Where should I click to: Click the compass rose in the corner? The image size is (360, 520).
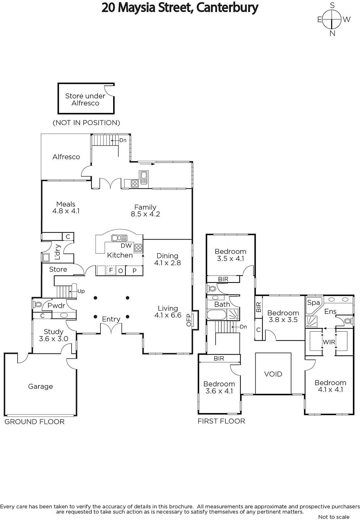click(x=332, y=19)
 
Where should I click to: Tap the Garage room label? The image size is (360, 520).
click(x=40, y=386)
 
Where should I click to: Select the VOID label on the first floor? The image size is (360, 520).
click(x=273, y=374)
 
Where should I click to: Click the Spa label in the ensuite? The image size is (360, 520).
click(x=313, y=303)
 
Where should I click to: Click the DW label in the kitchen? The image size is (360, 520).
click(x=126, y=246)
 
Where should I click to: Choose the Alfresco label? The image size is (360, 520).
click(x=66, y=157)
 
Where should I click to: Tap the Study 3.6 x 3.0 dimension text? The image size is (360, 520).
click(x=54, y=339)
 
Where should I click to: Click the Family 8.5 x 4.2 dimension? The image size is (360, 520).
click(x=145, y=214)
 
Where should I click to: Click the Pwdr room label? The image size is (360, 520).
click(x=56, y=306)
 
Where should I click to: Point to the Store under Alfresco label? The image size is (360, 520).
click(x=85, y=99)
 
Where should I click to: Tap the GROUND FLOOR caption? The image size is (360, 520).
click(x=34, y=422)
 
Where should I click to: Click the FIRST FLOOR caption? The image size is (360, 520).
click(x=221, y=421)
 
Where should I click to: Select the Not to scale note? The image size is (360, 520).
click(x=334, y=517)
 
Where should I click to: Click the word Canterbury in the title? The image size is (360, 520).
click(x=227, y=7)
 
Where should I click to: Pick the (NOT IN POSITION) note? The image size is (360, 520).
click(x=86, y=123)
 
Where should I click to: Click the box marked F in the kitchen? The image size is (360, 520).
click(x=111, y=270)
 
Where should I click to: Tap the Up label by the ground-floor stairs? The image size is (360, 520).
click(x=81, y=291)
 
